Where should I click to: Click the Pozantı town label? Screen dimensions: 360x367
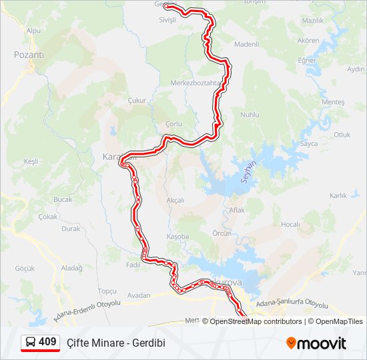pyautogui.click(x=29, y=55)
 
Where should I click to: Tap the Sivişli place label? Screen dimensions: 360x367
pyautogui.click(x=167, y=20)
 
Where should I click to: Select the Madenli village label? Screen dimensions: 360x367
pyautogui.click(x=246, y=44)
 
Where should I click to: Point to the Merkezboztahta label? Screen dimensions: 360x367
pyautogui.click(x=195, y=83)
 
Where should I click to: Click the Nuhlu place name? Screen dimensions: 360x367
pyautogui.click(x=250, y=115)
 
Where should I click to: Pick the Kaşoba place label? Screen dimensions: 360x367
pyautogui.click(x=177, y=237)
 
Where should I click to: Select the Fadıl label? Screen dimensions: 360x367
pyautogui.click(x=133, y=265)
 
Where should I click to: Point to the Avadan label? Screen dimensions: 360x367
pyautogui.click(x=139, y=295)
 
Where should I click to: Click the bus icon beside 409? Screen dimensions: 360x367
pyautogui.click(x=31, y=343)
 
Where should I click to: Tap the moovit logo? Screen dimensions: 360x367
pyautogui.click(x=316, y=343)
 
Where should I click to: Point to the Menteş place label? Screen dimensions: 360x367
pyautogui.click(x=333, y=102)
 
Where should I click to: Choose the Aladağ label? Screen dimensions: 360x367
pyautogui.click(x=71, y=268)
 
